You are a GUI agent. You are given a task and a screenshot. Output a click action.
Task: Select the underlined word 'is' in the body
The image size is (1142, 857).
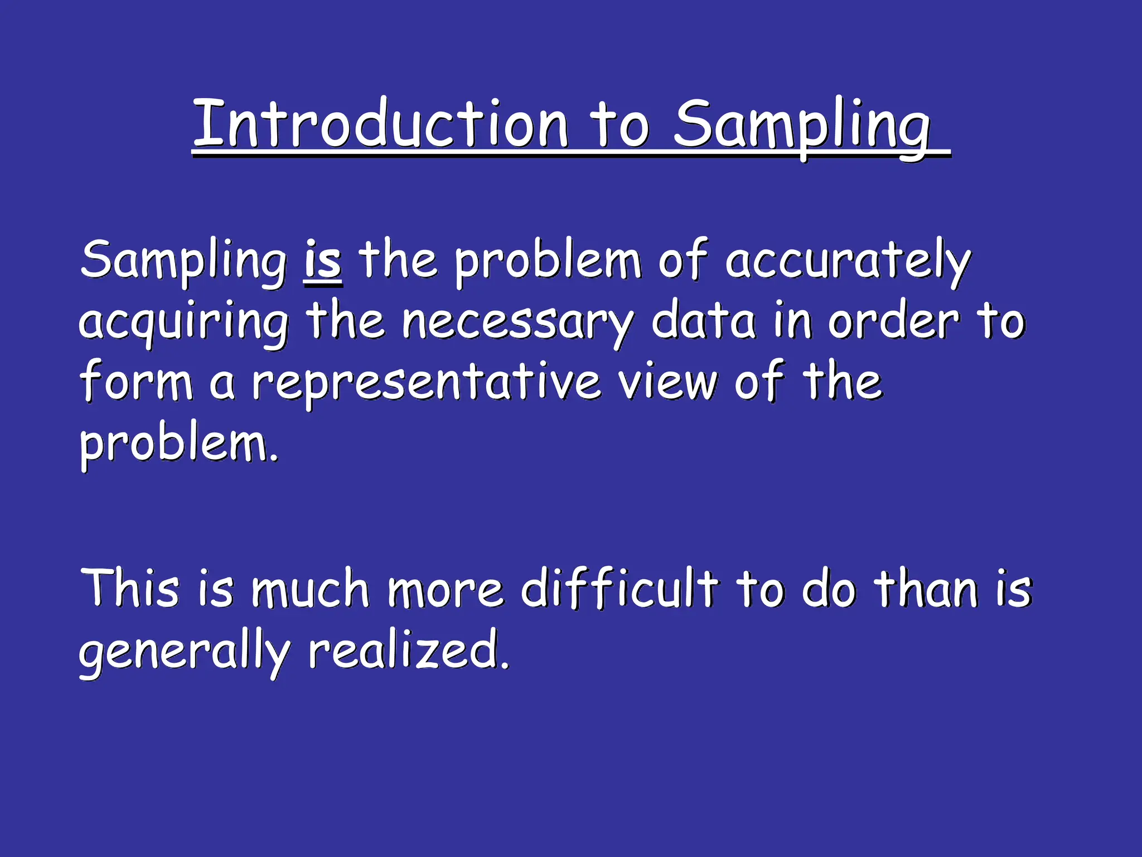[323, 261]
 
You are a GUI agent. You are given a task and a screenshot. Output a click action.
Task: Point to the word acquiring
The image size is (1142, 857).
[184, 322]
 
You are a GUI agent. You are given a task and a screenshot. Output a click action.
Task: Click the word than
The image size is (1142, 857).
[926, 588]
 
